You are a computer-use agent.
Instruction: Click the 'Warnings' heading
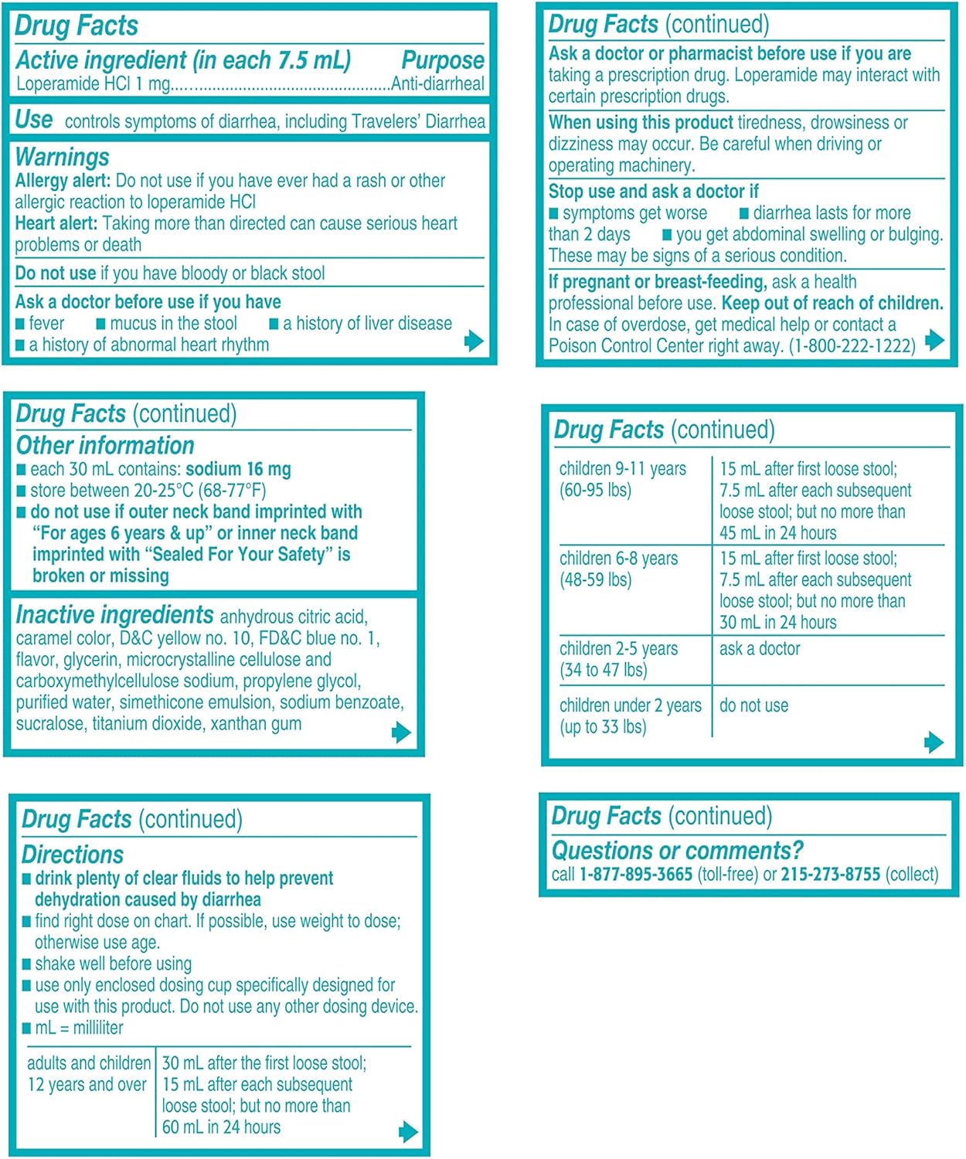click(x=62, y=157)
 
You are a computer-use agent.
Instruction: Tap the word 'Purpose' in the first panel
click(x=443, y=60)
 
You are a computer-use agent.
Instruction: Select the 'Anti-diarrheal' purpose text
click(x=438, y=84)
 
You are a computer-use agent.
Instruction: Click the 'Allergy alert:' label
click(x=63, y=181)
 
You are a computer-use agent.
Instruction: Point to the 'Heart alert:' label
click(x=56, y=223)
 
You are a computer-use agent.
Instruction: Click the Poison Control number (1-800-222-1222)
click(x=852, y=345)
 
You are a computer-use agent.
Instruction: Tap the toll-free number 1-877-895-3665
click(x=635, y=874)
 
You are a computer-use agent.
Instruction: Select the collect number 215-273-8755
click(x=830, y=874)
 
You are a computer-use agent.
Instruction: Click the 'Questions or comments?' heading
click(x=677, y=850)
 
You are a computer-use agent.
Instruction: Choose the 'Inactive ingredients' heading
click(x=114, y=615)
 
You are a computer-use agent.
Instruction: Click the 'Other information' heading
click(x=105, y=445)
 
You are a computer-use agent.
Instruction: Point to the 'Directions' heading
click(x=73, y=854)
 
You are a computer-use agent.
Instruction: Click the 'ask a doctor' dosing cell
click(x=759, y=649)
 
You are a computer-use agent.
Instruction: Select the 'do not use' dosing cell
click(x=753, y=705)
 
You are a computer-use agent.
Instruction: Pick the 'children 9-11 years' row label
click(x=622, y=469)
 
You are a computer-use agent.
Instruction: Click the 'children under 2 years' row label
click(x=630, y=705)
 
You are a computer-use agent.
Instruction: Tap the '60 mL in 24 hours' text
click(x=221, y=1127)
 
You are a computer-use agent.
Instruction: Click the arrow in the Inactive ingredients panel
click(x=400, y=732)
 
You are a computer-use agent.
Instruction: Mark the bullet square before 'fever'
click(x=20, y=324)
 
